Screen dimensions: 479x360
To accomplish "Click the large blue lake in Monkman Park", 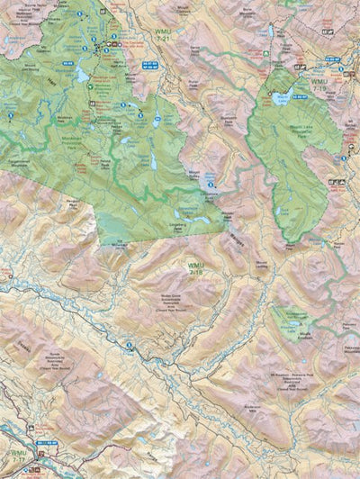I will point(82,76).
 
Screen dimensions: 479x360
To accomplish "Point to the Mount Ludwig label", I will point(261,265).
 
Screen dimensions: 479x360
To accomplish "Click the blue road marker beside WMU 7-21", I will point(152,65).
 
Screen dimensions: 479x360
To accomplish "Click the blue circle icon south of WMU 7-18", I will point(129,346).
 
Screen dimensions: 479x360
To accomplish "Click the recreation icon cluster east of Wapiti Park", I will point(337,183).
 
